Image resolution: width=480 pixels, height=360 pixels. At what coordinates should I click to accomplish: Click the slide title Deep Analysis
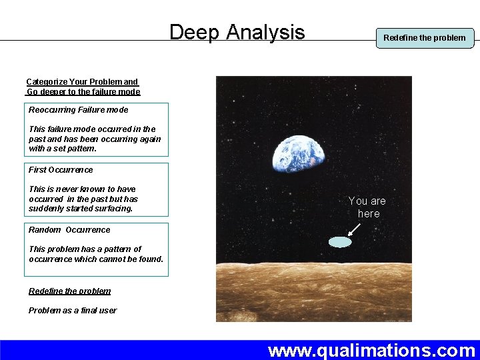(237, 32)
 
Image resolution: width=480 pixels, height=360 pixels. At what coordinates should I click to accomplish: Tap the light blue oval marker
(341, 242)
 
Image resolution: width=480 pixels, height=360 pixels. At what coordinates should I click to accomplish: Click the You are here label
(367, 207)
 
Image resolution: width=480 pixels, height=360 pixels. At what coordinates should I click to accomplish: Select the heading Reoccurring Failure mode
(78, 109)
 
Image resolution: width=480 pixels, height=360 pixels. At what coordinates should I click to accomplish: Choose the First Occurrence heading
(61, 169)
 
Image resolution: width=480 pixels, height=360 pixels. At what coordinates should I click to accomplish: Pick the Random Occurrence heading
(69, 229)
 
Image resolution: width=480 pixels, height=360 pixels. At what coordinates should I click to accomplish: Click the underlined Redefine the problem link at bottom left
(69, 291)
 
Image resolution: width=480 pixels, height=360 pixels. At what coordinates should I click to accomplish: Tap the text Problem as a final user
(72, 310)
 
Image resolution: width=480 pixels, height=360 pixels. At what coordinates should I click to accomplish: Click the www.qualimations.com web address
(371, 350)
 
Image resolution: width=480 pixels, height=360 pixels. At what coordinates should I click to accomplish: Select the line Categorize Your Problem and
(82, 82)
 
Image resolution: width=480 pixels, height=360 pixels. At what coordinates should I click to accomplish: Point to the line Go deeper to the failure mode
(83, 91)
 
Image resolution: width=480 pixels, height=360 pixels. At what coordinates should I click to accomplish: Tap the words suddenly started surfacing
(81, 209)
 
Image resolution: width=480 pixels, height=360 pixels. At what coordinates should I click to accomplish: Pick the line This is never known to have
(82, 189)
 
